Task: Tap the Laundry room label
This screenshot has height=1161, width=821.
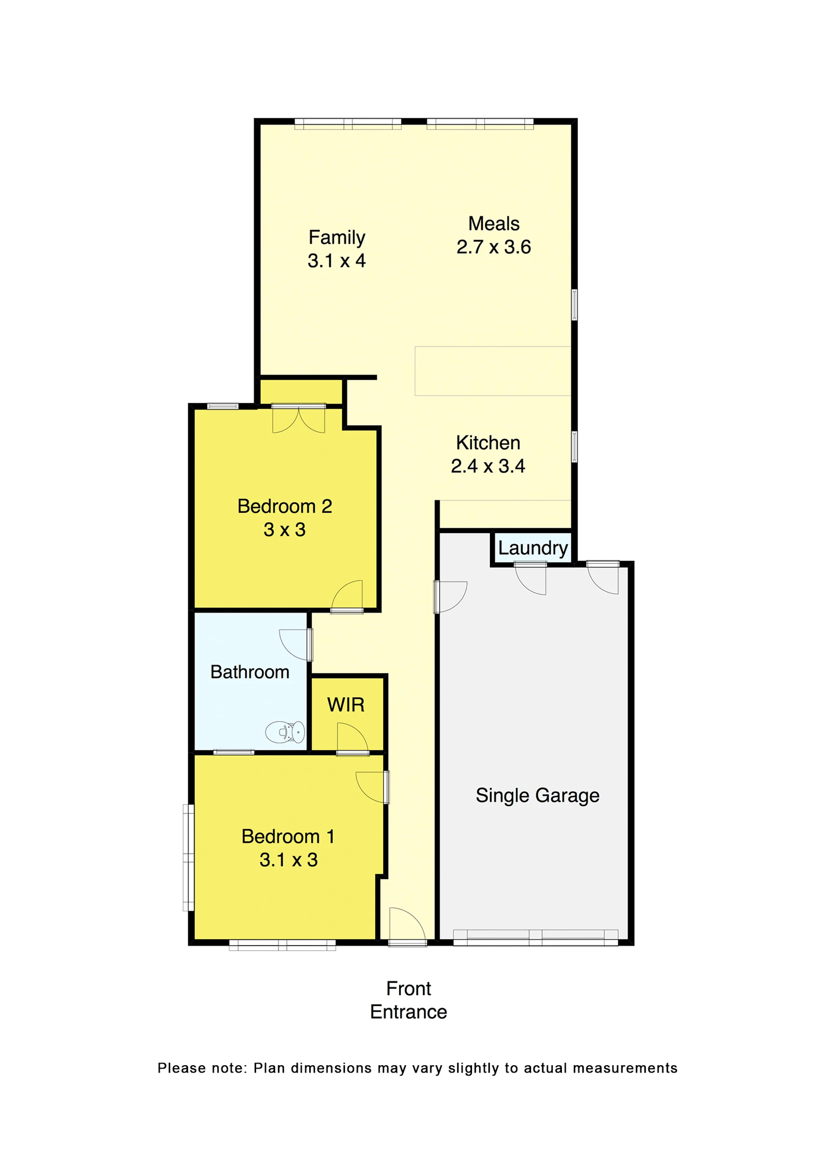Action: pos(533,548)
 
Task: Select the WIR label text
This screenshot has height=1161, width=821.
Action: pos(346,704)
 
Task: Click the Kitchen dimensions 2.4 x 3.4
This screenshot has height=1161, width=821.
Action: pos(488,466)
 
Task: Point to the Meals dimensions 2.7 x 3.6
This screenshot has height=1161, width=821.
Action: pos(493,247)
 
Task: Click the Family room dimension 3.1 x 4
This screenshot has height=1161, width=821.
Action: pos(337,260)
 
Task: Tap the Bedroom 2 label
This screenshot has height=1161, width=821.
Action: pos(285,506)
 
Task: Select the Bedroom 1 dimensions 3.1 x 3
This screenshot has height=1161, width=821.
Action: pos(289,860)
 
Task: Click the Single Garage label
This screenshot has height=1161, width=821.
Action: pos(537,795)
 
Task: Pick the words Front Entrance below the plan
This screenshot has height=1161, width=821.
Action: pos(408,1000)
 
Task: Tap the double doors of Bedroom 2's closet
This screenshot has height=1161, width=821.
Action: pos(299,419)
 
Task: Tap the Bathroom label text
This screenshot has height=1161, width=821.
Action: pos(250,672)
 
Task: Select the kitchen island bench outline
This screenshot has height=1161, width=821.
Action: pos(493,371)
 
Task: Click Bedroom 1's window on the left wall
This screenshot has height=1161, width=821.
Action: pos(188,858)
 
